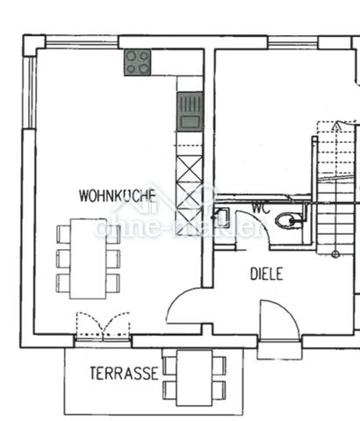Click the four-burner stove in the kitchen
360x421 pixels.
pos(136,61)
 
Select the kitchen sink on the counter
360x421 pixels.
pos(189,112)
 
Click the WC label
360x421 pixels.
pos(260,208)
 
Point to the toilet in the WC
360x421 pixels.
pos(285,220)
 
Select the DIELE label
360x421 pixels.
pos(267,274)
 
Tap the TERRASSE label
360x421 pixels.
pos(124,373)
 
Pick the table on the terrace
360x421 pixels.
pos(193,377)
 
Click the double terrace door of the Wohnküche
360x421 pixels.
pos(103,327)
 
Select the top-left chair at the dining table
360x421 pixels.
pos(64,234)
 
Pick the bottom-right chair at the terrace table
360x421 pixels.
pos(219,389)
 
